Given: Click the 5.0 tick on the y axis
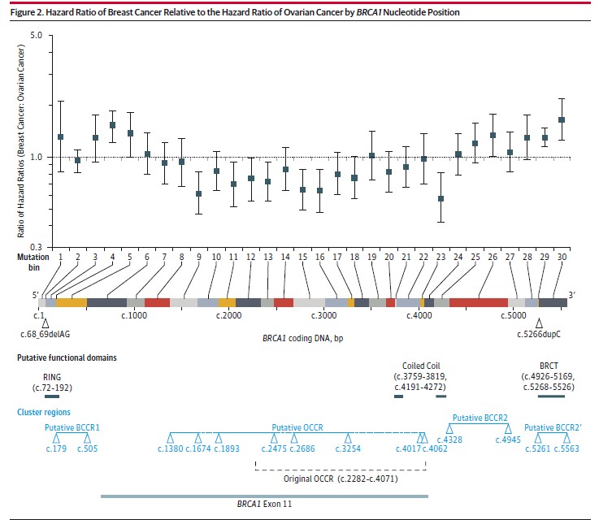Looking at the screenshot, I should [x=36, y=37].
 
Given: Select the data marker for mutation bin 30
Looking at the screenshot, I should [x=561, y=119].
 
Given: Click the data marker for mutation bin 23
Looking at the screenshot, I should [x=441, y=198].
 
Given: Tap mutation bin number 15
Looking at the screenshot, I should [x=302, y=257].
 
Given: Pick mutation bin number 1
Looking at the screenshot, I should [x=60, y=257].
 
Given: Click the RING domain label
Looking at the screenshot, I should [x=52, y=377].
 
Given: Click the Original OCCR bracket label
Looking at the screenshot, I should [x=341, y=480].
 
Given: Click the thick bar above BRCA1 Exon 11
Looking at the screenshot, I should [x=264, y=496].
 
